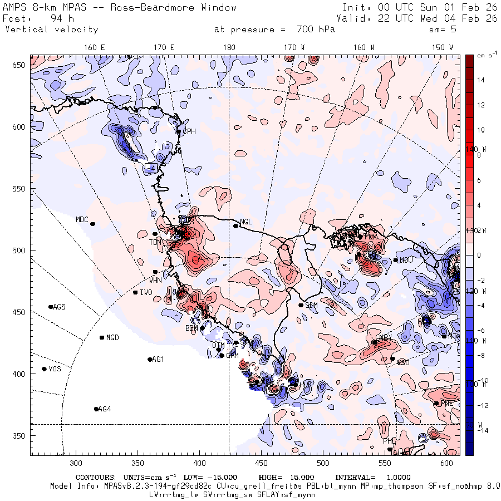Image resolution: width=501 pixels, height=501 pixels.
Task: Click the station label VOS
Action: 55,369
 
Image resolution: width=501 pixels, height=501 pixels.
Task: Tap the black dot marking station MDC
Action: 92,224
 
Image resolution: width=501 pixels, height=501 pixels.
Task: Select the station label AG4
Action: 104,409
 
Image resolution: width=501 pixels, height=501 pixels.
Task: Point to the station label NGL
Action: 245,222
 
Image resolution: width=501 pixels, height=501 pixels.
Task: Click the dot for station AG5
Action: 51,307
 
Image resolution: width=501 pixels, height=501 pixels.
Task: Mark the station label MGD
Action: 112,338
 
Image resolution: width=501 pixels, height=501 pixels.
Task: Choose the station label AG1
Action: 158,360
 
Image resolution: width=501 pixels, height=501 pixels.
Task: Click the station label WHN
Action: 155,280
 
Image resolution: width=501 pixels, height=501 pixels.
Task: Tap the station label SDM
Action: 312,306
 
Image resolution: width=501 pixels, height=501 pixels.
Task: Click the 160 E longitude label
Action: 95,47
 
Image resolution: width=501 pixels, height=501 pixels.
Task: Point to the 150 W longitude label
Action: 443,47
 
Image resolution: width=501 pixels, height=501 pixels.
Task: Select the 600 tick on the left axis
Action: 21,127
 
